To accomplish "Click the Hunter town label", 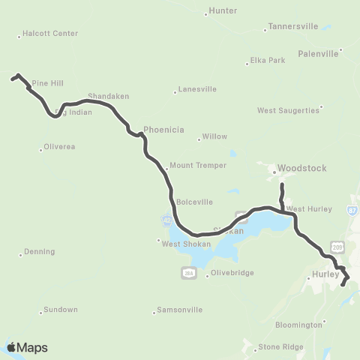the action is tap(223, 10).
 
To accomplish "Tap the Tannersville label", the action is tap(291, 27).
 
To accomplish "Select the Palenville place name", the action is tap(319, 53).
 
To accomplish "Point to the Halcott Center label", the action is tap(50, 34).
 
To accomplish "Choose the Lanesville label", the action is tap(197, 89).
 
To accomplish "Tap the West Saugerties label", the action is tap(288, 110).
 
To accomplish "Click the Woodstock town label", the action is tap(301, 169).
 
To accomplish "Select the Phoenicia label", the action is tap(163, 130).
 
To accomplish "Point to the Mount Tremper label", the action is tap(192, 166).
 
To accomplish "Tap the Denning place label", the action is tap(39, 252).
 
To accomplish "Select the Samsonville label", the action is tap(179, 310).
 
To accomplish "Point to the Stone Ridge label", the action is tap(279, 347).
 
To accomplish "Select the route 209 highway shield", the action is tap(337, 247).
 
